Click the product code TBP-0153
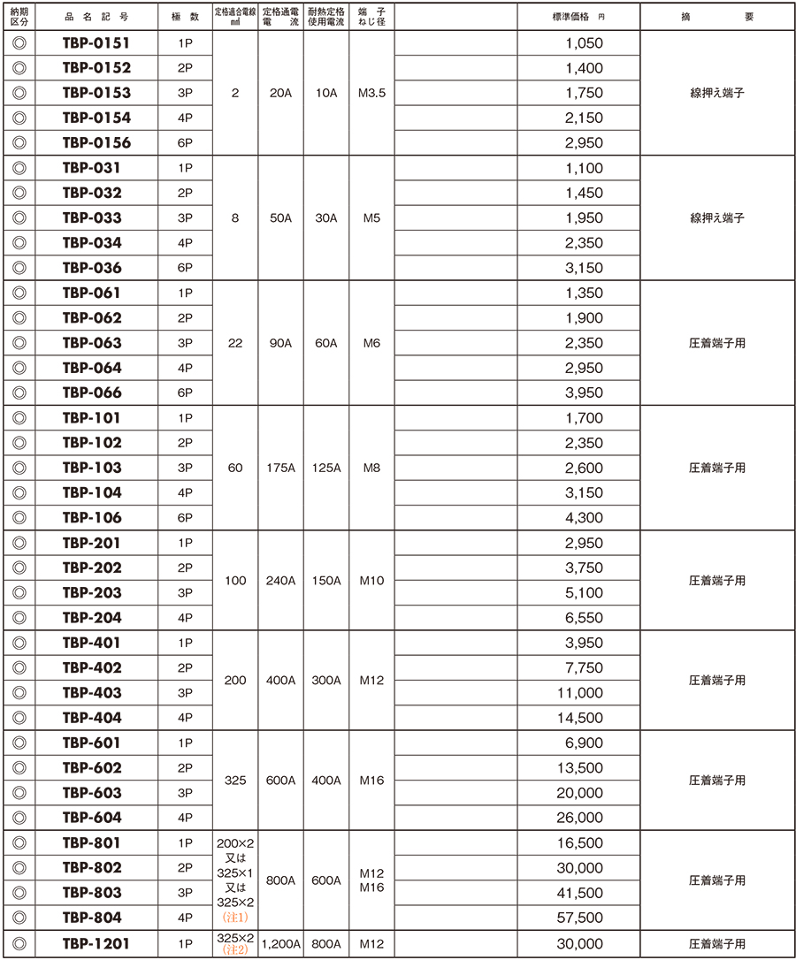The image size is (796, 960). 96,93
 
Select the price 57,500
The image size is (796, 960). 580,918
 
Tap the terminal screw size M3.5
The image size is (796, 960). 371,93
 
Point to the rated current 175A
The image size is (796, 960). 280,468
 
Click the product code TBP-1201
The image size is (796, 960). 96,943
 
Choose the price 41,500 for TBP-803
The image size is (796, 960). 580,893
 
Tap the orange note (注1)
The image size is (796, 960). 234,918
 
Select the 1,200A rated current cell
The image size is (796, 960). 280,943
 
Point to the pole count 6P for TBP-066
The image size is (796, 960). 185,392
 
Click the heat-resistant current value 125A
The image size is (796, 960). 326,468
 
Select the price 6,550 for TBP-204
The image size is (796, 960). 584,618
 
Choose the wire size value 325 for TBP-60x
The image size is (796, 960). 234,781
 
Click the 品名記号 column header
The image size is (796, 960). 96,17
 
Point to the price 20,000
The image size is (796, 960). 580,793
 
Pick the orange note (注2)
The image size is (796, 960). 234,949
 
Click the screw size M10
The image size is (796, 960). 371,581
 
